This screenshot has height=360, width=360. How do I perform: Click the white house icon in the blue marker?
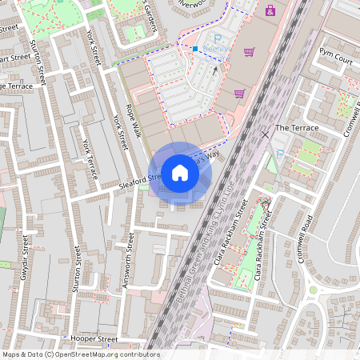180,172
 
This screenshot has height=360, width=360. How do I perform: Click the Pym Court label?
336,60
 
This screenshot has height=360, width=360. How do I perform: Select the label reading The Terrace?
296,128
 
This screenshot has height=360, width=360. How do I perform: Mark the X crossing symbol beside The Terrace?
265,134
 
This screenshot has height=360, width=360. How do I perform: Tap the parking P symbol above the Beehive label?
216,38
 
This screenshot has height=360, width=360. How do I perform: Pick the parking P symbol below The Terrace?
279,154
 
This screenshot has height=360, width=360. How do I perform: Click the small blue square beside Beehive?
194,49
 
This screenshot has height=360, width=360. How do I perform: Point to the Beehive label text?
214,49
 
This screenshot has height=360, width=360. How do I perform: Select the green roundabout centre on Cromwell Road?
313,290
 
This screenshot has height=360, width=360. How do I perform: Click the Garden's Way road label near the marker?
208,155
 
